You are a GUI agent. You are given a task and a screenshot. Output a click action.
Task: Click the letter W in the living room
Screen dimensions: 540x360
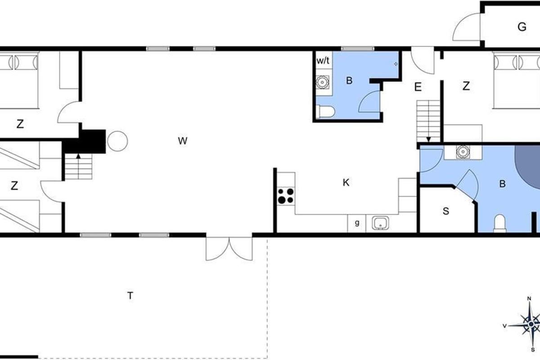pos(183,141)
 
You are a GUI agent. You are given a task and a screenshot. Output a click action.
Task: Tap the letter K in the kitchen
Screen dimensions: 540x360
pos(346,183)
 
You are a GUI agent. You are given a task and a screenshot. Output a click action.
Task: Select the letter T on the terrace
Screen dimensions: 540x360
pos(130,295)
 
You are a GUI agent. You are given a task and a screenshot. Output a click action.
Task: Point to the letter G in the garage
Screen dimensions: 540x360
pos(522,27)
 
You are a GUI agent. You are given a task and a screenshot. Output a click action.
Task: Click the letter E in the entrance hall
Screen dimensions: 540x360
pos(418,87)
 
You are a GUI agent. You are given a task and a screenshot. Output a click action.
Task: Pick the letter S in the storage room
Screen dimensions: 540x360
pos(446,211)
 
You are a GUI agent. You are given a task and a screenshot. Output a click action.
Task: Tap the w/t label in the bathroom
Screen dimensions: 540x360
pos(323,61)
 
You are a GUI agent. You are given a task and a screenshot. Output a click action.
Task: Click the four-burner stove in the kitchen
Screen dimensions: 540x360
pos(286,196)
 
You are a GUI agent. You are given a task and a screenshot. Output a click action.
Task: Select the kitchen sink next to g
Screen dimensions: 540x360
pos(380,223)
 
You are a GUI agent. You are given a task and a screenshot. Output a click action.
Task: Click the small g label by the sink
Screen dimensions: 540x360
pos(357,223)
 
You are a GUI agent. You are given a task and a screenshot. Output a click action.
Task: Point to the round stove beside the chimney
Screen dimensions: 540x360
pos(117,141)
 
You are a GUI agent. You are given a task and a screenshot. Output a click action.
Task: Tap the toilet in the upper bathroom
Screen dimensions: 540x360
pos(325,112)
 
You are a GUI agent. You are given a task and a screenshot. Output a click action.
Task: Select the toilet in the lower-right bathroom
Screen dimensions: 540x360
pos(499,224)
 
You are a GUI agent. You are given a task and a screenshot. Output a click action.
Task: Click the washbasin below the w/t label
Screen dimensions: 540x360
pos(322,82)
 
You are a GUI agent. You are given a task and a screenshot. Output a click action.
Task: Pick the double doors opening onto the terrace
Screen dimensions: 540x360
pos(229,248)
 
